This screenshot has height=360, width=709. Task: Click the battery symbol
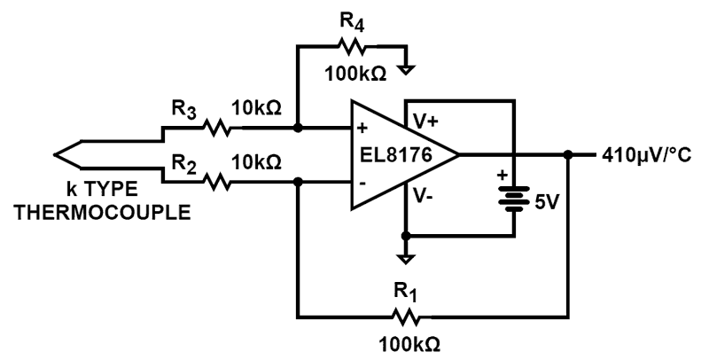click(513, 197)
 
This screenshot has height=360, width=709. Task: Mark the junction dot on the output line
click(567, 155)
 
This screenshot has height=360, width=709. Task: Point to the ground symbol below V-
click(405, 258)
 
